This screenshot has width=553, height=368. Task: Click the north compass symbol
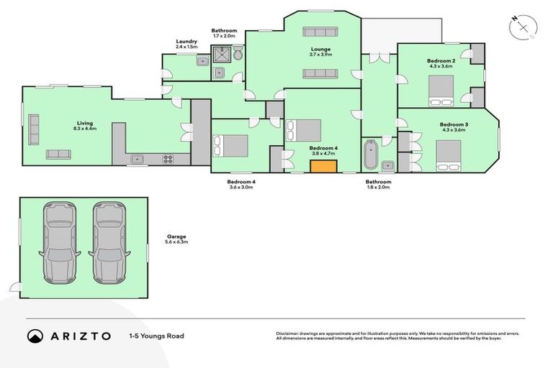[523, 27]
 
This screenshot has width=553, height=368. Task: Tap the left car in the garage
[59, 241]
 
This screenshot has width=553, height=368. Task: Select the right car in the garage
[109, 241]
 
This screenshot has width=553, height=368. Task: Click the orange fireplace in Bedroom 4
[324, 167]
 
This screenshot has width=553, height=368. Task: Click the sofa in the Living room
[58, 154]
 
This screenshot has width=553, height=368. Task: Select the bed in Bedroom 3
[448, 155]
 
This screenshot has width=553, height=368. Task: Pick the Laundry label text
[186, 42]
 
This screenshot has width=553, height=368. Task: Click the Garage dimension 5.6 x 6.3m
[176, 242]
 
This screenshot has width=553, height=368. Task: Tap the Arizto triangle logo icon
[35, 336]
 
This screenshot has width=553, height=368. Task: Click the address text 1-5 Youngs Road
[156, 336]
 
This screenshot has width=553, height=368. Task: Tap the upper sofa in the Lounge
[320, 32]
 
